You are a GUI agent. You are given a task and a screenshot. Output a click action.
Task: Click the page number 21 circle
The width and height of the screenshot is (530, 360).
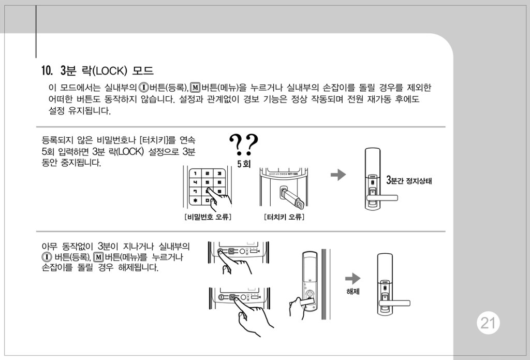point(488,323)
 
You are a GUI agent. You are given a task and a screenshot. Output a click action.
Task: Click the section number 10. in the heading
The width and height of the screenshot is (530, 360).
point(47,71)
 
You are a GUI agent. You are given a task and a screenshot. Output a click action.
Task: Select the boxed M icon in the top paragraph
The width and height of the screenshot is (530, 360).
point(195,88)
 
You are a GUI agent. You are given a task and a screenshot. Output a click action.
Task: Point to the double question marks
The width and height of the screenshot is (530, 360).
point(244,145)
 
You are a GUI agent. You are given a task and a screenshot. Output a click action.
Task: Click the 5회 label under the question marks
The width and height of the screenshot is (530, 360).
point(244,164)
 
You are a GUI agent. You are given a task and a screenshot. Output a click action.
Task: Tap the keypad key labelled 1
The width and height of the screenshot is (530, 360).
point(195,174)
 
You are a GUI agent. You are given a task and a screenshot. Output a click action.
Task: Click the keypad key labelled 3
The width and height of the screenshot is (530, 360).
point(219,174)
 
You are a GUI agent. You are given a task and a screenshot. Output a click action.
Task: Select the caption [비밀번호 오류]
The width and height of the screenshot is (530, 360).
point(208,217)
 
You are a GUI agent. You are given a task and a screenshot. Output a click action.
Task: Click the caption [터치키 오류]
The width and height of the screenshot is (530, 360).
point(284,217)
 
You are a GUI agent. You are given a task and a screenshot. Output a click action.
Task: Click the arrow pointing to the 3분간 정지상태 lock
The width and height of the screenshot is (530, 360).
point(338,175)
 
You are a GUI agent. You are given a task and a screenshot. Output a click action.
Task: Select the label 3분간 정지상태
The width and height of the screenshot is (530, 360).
point(409,180)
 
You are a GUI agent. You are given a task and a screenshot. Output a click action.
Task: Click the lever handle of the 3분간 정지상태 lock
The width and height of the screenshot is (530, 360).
point(382,197)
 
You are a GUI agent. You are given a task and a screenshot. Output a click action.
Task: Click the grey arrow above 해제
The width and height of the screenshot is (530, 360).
point(353,279)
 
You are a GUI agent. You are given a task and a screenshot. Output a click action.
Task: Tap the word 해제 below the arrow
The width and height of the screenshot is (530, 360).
point(353,291)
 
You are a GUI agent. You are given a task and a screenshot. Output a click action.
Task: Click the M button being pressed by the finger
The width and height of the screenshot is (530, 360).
point(232,297)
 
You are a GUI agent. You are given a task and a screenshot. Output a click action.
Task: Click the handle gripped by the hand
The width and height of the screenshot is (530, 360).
point(307,301)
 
